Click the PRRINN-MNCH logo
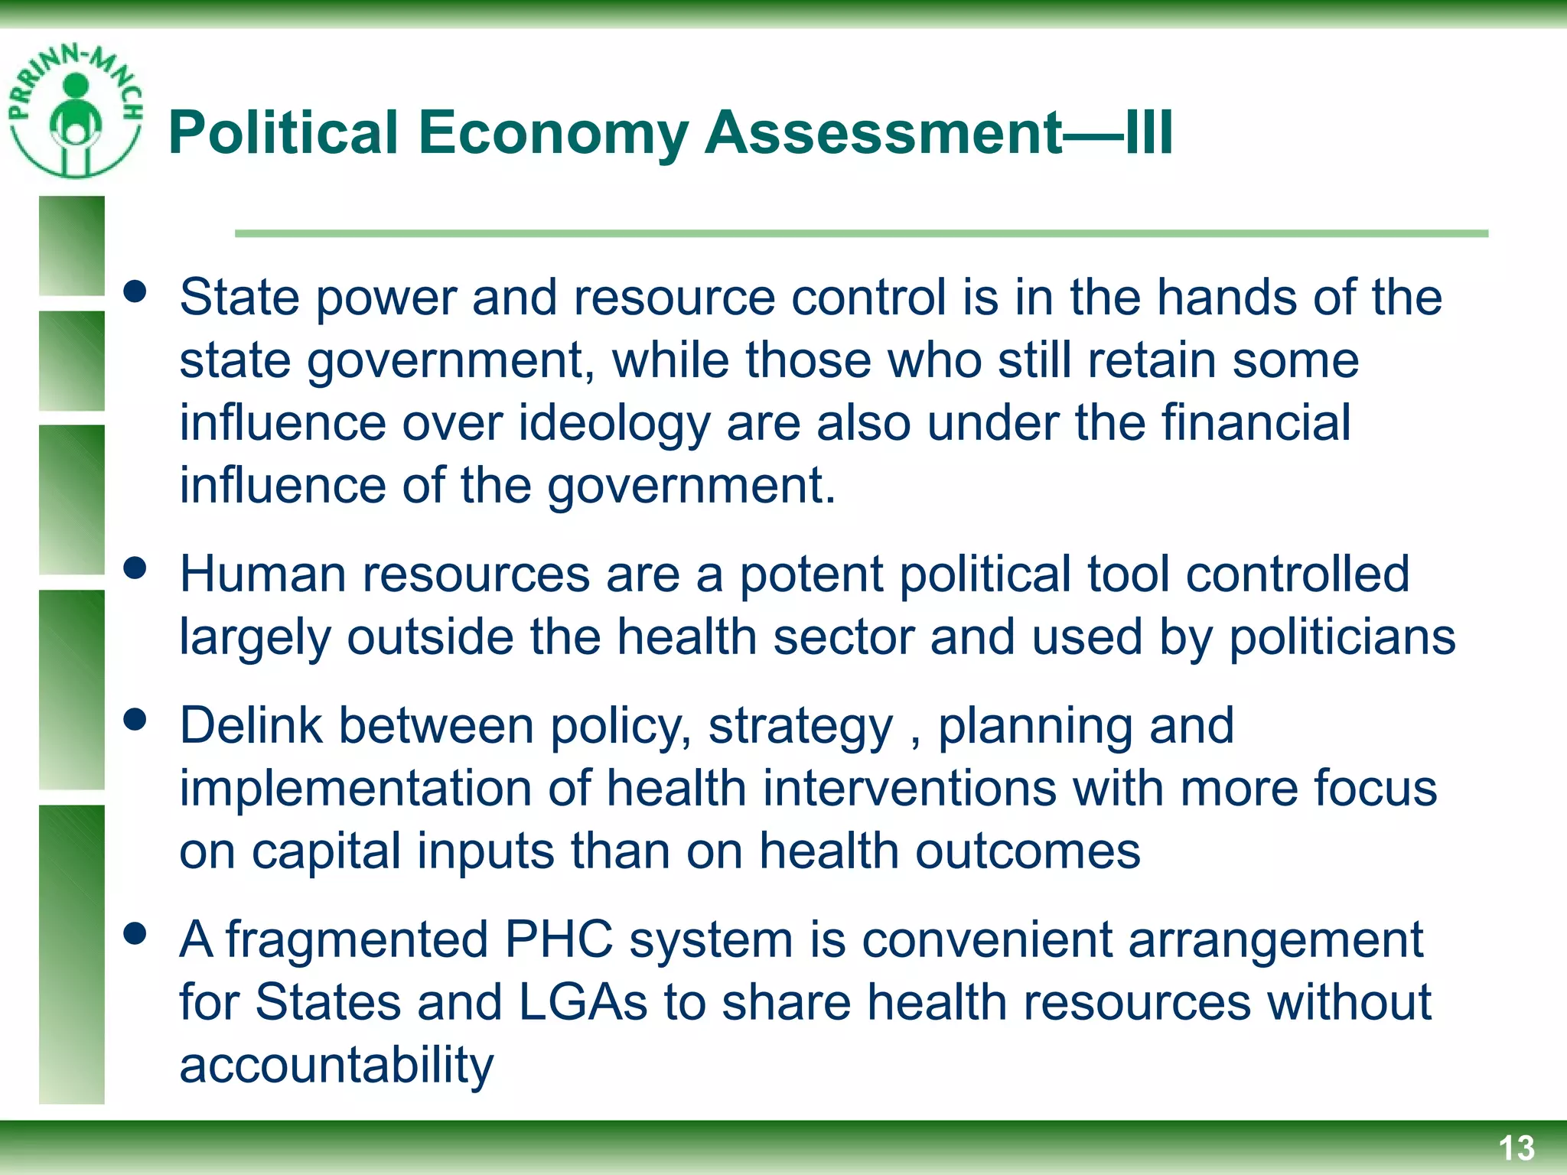(75, 111)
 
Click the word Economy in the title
(553, 133)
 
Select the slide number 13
(1516, 1148)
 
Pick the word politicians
(1342, 636)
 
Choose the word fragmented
(357, 941)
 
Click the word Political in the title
(283, 133)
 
